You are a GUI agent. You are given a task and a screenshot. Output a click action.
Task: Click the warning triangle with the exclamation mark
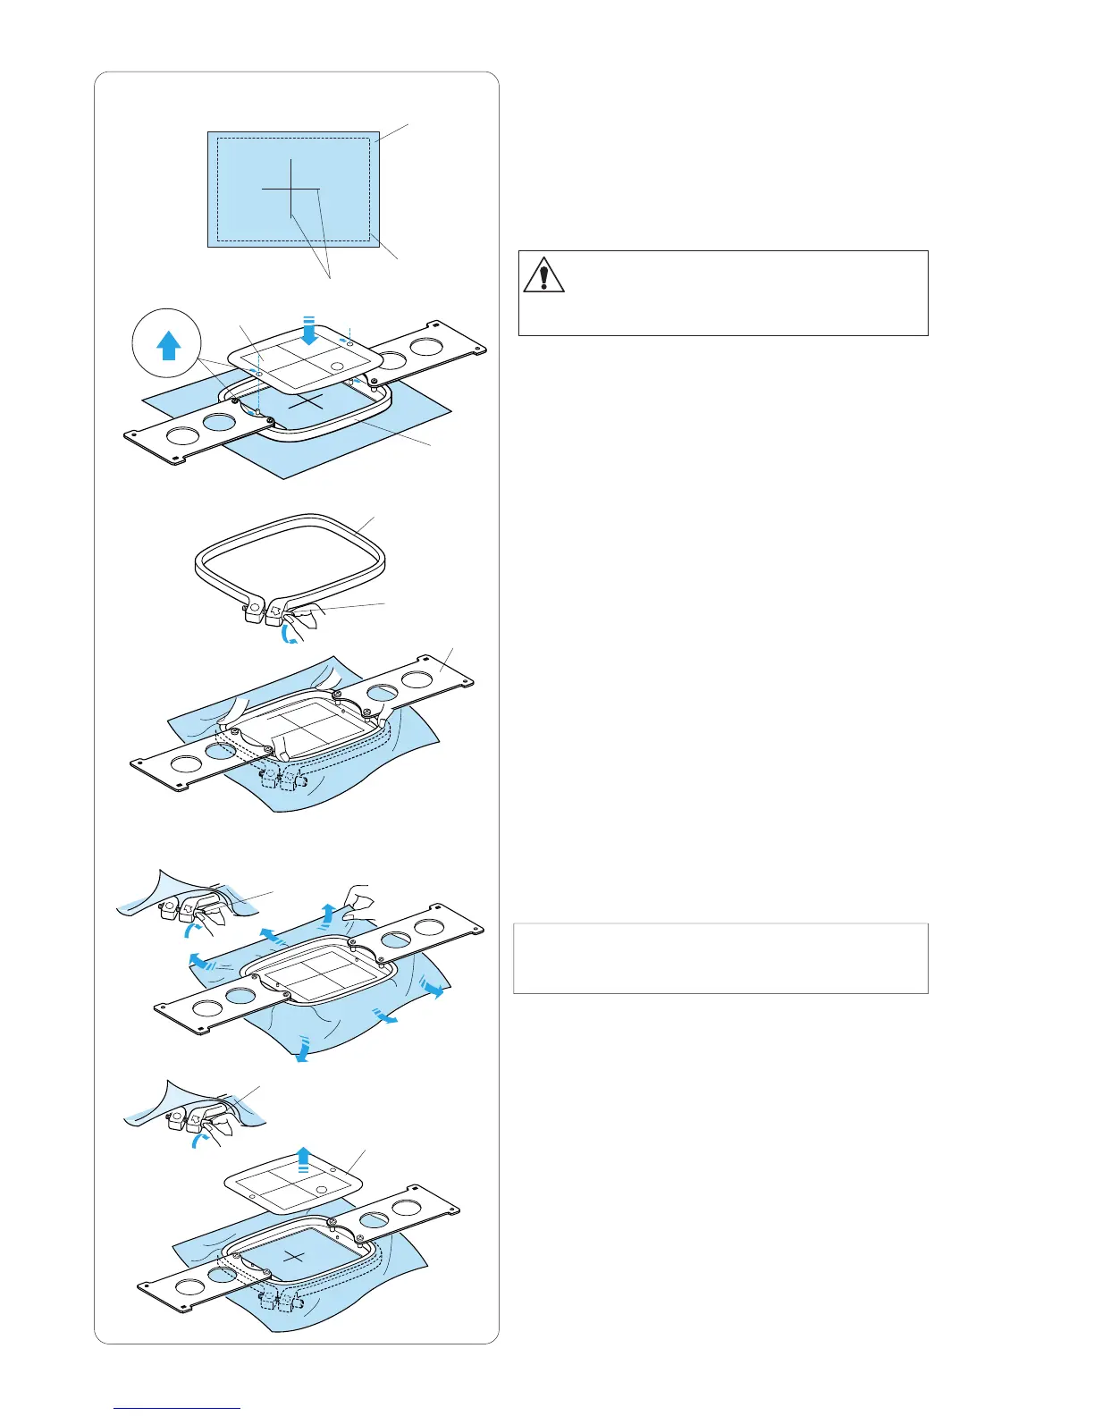(x=543, y=274)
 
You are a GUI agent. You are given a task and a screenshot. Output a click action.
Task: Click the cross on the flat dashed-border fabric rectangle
(x=291, y=189)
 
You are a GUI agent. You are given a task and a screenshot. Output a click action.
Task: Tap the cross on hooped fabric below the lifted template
(x=293, y=1256)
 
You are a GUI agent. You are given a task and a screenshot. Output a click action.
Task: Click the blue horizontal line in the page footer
(x=178, y=1408)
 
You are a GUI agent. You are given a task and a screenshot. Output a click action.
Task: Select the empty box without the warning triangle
(x=720, y=958)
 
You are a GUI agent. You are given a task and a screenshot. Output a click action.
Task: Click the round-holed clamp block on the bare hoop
(x=253, y=609)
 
